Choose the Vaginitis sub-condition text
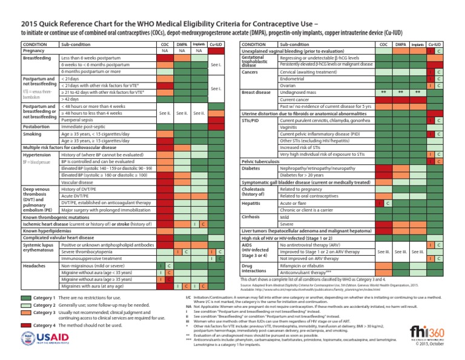pos(291,127)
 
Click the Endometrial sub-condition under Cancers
pos(294,79)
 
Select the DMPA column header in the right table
pos(400,44)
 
